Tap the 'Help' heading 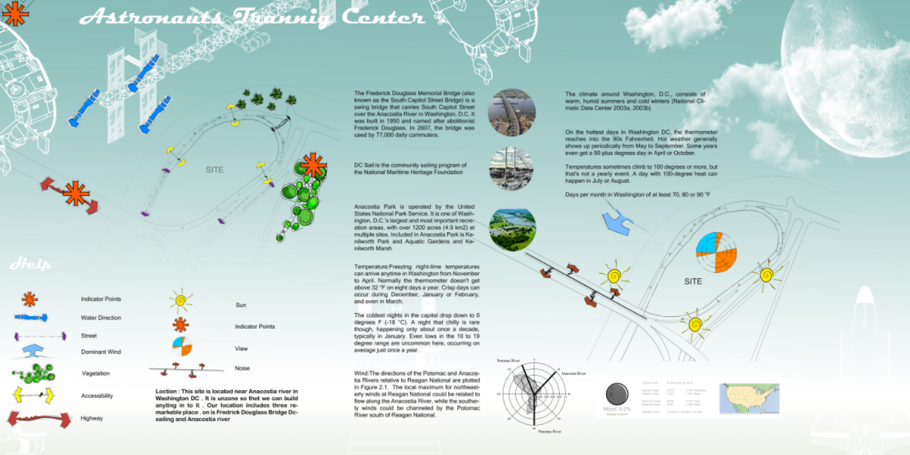31,265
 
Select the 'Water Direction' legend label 101,318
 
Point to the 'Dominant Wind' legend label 100,352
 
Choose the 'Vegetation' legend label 96,373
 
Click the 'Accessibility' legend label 97,396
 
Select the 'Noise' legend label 242,369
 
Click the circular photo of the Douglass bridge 511,113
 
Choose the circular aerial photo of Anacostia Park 512,230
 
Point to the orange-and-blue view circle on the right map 716,251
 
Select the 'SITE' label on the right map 693,281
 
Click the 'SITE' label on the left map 214,170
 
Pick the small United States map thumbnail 749,399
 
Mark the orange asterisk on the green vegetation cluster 312,166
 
